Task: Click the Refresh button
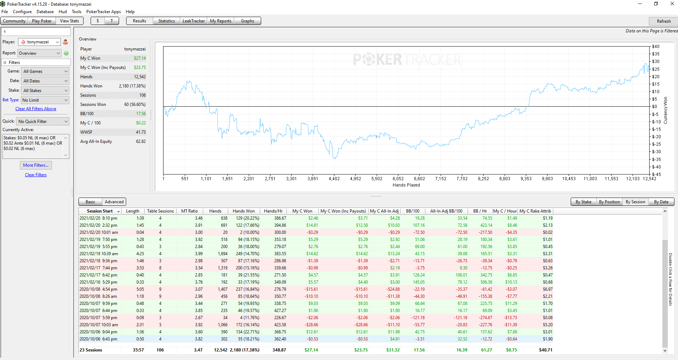click(663, 21)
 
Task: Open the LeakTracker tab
click(193, 21)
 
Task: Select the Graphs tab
click(247, 21)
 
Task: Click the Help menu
click(130, 12)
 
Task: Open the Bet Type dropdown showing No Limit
click(45, 100)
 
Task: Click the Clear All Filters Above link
click(36, 109)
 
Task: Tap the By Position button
click(609, 202)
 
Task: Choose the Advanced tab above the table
click(114, 202)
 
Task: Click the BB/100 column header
click(413, 211)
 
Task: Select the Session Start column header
click(100, 211)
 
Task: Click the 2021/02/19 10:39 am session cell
click(99, 254)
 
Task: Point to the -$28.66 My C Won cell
click(311, 325)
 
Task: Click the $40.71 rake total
click(545, 350)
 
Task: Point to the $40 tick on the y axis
click(656, 47)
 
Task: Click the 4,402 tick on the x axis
click(334, 179)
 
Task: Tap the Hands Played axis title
click(406, 185)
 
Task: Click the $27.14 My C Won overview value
click(140, 58)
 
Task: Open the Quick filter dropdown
click(43, 122)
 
